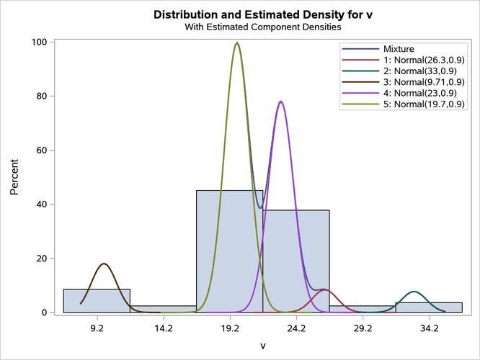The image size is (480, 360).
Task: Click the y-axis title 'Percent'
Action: point(15,178)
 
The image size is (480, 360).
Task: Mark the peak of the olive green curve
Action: point(236,43)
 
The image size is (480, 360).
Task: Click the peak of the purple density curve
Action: point(280,102)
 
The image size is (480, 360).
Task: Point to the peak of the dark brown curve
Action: point(105,264)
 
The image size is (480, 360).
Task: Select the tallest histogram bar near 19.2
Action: point(229,251)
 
